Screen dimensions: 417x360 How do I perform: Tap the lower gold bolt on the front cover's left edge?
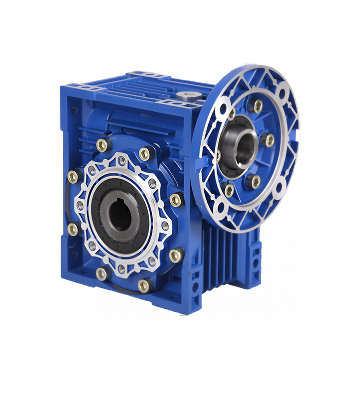point(73,229)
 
